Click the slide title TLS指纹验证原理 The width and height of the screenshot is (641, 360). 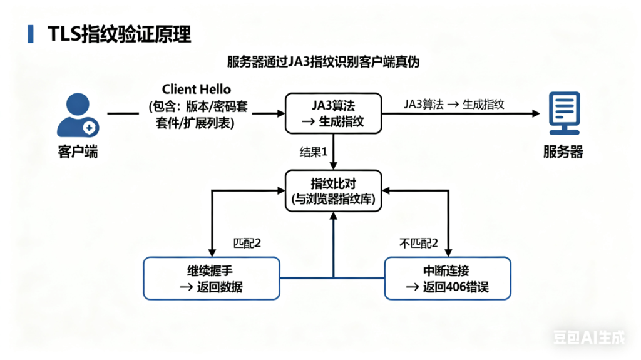pos(119,34)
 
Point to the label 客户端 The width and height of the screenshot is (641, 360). pos(78,152)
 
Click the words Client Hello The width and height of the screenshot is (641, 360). pos(196,89)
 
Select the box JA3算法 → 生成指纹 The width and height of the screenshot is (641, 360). pos(332,113)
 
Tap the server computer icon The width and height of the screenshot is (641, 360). pos(564,113)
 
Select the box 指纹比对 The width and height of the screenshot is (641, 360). pos(332,191)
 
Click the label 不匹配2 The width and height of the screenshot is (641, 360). pos(418,243)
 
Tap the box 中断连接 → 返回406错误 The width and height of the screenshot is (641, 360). pos(447,278)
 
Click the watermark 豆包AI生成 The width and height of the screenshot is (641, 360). pos(588,338)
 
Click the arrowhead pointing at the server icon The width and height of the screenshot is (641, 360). pos(535,113)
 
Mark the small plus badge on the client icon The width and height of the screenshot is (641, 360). pos(90,127)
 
